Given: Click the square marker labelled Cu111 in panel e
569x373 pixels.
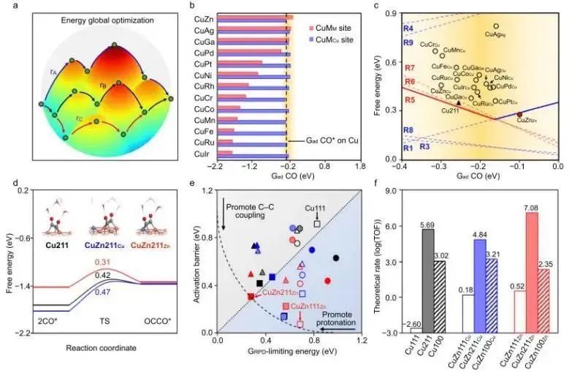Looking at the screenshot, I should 316,223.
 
